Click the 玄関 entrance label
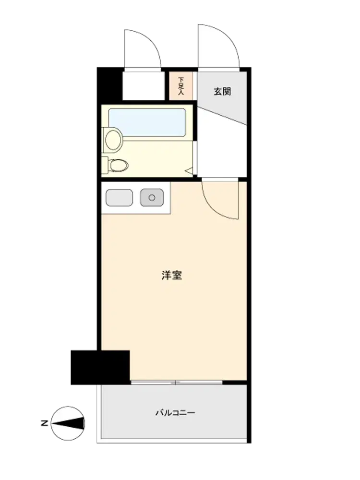tap(222, 92)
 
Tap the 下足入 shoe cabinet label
tap(181, 86)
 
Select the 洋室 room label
tap(172, 275)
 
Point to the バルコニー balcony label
tap(175, 413)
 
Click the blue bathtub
tap(147, 122)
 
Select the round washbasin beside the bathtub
tap(112, 139)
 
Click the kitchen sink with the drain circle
tap(152, 198)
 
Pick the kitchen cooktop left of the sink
tap(119, 198)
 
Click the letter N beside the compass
tap(44, 423)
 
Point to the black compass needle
tap(68, 423)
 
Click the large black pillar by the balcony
tap(100, 367)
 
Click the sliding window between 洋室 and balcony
tap(176, 383)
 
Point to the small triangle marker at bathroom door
tap(189, 171)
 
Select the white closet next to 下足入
tap(144, 86)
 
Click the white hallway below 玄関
tap(222, 147)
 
